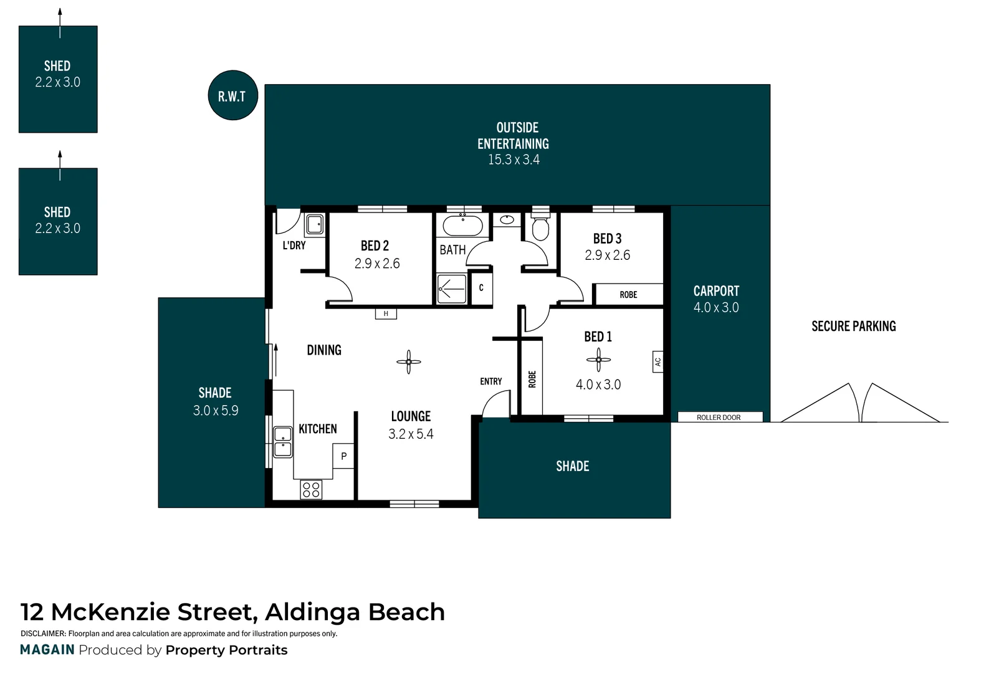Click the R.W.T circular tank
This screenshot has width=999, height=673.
coord(232,95)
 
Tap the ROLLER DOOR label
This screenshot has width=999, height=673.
coord(719,418)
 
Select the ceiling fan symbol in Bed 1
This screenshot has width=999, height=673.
coord(598,360)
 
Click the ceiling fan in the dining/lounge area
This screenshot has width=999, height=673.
coord(409,361)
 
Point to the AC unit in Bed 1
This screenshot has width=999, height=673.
coord(657,361)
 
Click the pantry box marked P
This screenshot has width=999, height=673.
coord(343,456)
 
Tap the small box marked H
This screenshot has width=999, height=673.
coord(386,314)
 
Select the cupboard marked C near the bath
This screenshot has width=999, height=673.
coord(480,289)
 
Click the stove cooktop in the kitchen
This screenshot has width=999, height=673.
coord(311,490)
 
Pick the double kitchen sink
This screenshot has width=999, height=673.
coord(284,442)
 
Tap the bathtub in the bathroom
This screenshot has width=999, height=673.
coord(462,226)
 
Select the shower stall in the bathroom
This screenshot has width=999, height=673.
coord(452,289)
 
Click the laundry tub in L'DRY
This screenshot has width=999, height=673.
coord(315,224)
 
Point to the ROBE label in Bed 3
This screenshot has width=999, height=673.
coord(628,295)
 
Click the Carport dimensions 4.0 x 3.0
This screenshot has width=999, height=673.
coord(716,307)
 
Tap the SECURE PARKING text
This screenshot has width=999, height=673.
coord(853,326)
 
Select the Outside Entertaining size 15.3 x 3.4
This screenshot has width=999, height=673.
coord(514,160)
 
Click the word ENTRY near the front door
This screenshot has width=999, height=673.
coord(490,381)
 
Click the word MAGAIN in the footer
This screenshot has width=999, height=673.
coord(47,650)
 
